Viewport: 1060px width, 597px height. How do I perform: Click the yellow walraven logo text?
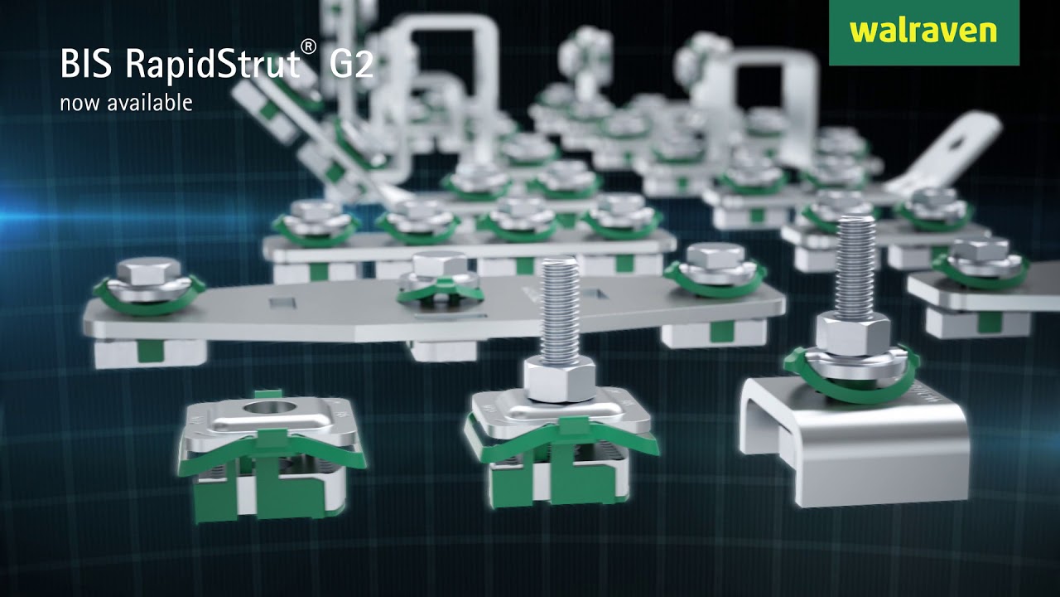923,32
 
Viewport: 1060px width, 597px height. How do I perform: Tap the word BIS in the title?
86,64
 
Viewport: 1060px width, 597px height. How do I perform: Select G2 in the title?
351,64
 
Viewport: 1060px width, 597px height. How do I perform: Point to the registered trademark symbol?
309,46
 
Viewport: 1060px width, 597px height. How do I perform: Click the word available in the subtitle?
150,103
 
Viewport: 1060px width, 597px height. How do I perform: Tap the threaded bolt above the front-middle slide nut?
560,310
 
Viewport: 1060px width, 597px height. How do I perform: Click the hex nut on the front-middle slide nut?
560,379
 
